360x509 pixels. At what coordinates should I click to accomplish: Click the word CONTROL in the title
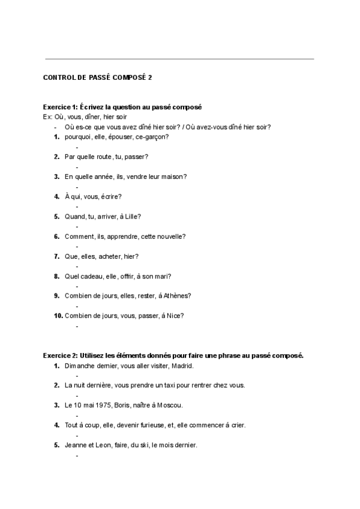coord(58,77)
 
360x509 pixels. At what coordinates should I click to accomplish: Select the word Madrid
coord(184,366)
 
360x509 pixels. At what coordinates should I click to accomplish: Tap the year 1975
coord(95,405)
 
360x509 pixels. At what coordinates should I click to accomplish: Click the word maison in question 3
coord(173,176)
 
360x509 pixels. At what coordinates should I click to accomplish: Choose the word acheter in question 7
coord(106,256)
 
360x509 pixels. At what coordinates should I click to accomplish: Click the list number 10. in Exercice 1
coord(58,316)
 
